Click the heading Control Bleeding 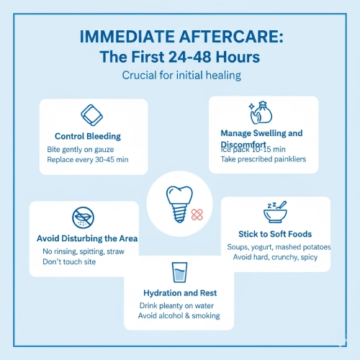click(x=88, y=136)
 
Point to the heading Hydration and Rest click(x=179, y=293)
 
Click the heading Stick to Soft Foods click(x=277, y=234)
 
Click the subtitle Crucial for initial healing click(x=180, y=75)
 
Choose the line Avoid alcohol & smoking click(x=179, y=316)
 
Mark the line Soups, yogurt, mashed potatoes click(x=278, y=247)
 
